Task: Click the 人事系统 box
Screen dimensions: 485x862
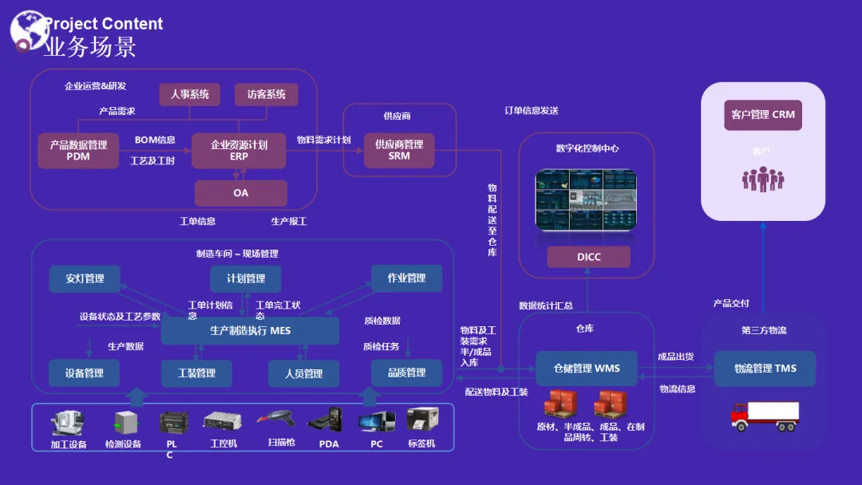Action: (x=189, y=95)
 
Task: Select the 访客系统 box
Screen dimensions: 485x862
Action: (x=266, y=95)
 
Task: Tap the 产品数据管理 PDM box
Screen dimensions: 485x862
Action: (x=78, y=151)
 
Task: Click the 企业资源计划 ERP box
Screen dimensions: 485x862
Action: (x=239, y=151)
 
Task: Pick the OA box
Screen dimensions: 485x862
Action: (x=240, y=193)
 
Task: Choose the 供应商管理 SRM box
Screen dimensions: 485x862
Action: (x=399, y=150)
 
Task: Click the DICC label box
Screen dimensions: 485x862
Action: (x=588, y=257)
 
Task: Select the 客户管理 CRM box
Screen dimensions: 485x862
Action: (x=762, y=115)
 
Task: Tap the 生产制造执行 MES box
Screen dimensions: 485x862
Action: (x=250, y=330)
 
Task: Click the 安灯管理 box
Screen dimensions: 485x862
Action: (x=85, y=278)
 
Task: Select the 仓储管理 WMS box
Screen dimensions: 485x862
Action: (x=586, y=369)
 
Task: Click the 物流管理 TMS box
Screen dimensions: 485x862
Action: (x=765, y=369)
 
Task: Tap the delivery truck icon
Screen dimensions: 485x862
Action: (x=764, y=416)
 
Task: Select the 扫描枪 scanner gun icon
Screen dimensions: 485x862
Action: (x=278, y=420)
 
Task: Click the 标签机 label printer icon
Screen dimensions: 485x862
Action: (x=421, y=420)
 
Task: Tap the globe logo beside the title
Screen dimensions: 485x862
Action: (x=28, y=30)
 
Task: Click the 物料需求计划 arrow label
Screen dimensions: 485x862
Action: (x=323, y=140)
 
